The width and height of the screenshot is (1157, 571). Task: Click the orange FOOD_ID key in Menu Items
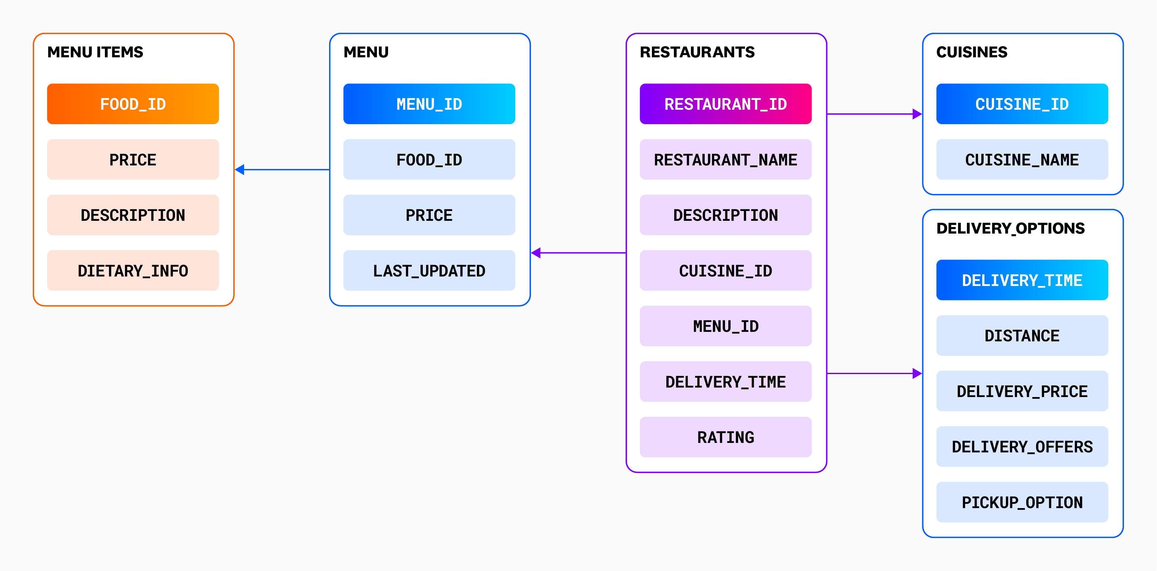pos(133,104)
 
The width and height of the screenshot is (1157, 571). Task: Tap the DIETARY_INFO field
pos(133,270)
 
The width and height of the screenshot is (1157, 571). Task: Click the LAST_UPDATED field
pos(429,270)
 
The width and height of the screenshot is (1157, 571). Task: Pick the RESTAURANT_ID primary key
pos(725,104)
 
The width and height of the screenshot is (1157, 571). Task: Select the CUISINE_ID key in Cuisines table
pos(1022,104)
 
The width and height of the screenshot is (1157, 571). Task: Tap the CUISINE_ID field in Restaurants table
pos(725,270)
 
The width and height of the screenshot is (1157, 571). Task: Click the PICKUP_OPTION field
pos(1022,502)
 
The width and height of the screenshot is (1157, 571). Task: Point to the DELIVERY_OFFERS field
pos(1022,446)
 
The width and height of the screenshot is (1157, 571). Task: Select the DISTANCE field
pos(1022,335)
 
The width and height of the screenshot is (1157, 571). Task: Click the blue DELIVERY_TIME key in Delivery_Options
pos(1022,280)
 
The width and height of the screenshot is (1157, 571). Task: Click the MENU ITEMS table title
pos(95,52)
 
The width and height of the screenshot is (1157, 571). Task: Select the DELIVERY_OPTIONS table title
pos(1010,228)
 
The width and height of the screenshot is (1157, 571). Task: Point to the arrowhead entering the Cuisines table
pos(917,114)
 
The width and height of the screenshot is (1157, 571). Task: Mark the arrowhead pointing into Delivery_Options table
pos(917,373)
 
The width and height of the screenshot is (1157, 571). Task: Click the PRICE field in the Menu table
pos(429,215)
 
